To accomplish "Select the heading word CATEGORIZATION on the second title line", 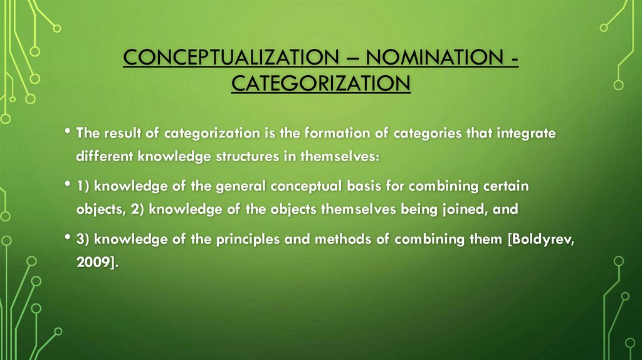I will pyautogui.click(x=320, y=82).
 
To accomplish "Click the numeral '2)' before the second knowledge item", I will pyautogui.click(x=139, y=209).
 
